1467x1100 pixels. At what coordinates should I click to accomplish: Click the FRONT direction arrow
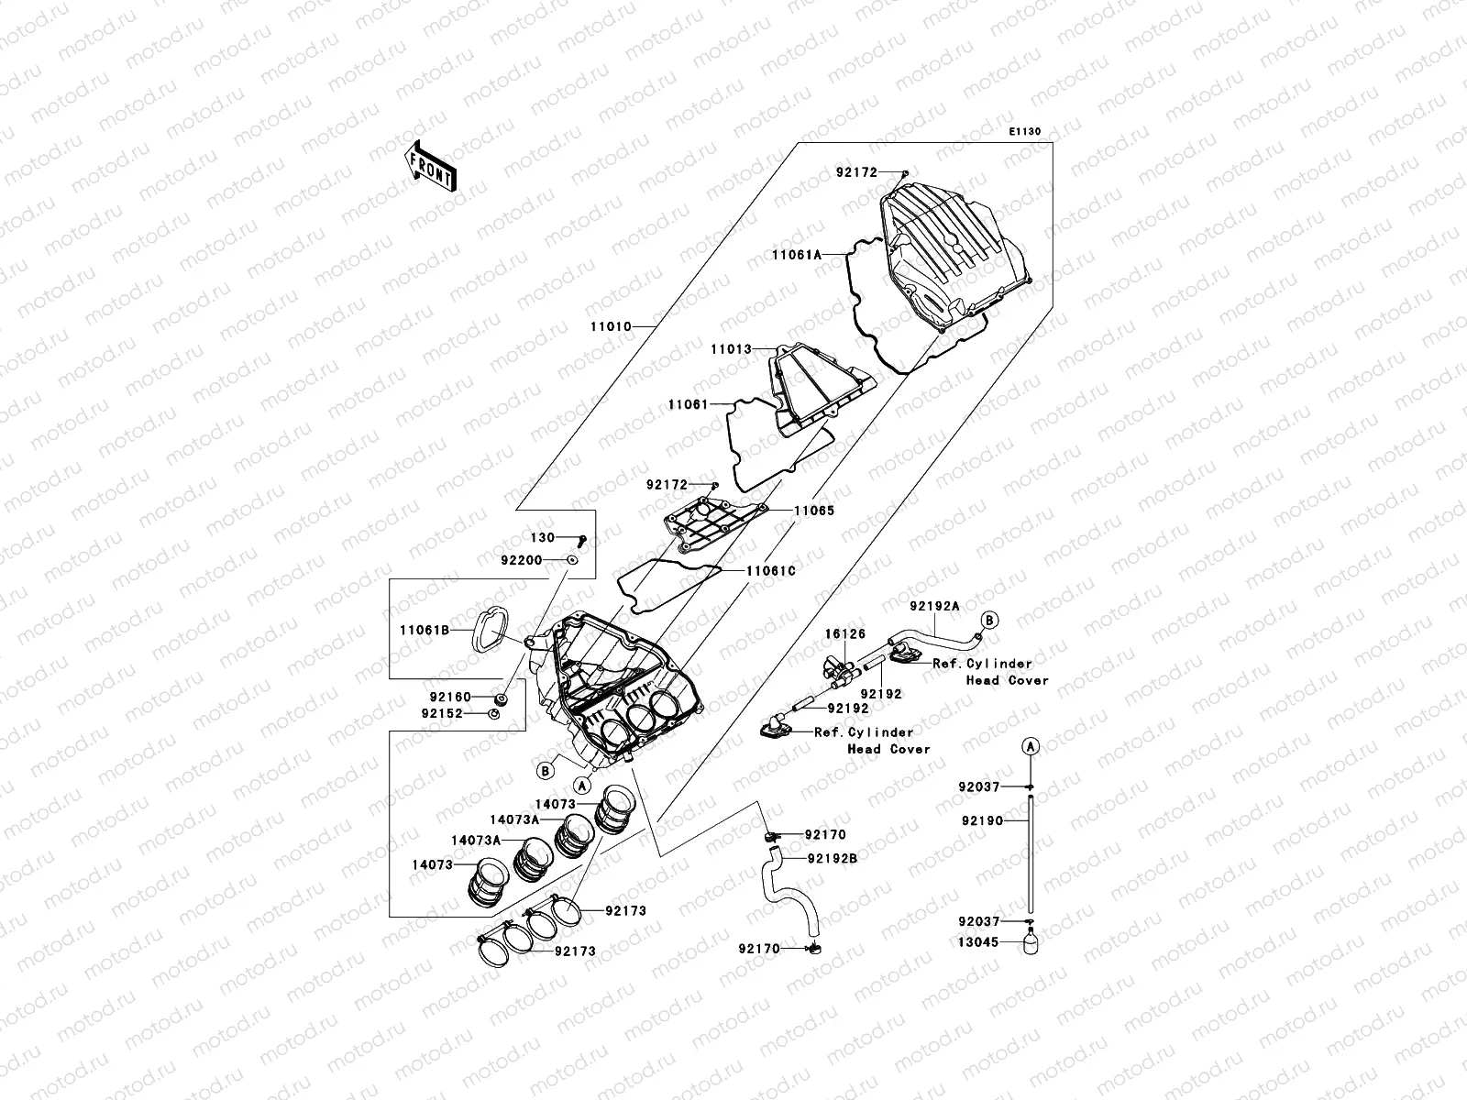tap(430, 166)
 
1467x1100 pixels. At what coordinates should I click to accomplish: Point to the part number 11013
tap(731, 349)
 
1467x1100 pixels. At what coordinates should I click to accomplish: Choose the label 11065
tap(814, 511)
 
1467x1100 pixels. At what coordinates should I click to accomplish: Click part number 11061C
tap(771, 570)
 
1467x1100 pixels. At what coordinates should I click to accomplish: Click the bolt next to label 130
tap(581, 539)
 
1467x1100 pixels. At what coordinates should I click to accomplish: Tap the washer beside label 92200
tap(573, 559)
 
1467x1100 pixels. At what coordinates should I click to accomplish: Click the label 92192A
tap(934, 606)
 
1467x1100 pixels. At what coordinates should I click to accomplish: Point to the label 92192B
tap(833, 859)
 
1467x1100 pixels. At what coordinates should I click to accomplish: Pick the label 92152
tap(442, 713)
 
